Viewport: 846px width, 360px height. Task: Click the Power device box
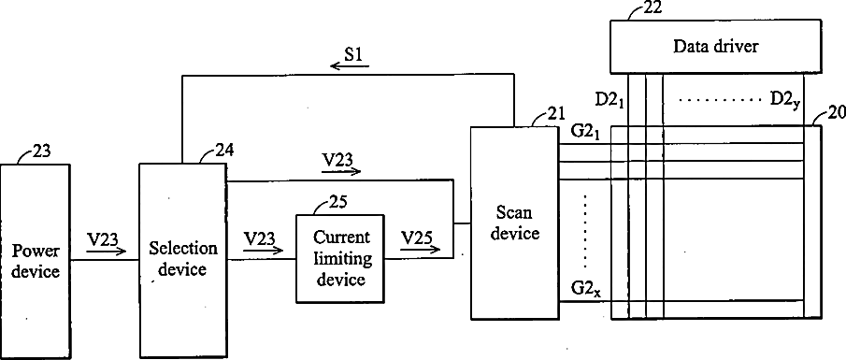tap(36, 261)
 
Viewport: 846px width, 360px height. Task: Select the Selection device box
tap(182, 261)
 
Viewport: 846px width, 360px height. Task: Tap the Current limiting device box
tap(340, 258)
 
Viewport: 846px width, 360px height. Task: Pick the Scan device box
tap(515, 223)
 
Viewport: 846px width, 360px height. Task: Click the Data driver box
tap(716, 47)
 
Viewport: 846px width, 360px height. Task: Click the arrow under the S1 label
tap(350, 66)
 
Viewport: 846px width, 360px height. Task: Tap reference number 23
tap(41, 151)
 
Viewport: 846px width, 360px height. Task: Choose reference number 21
tap(555, 113)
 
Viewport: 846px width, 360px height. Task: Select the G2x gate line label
tap(586, 290)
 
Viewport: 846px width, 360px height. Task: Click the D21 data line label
tap(609, 100)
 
